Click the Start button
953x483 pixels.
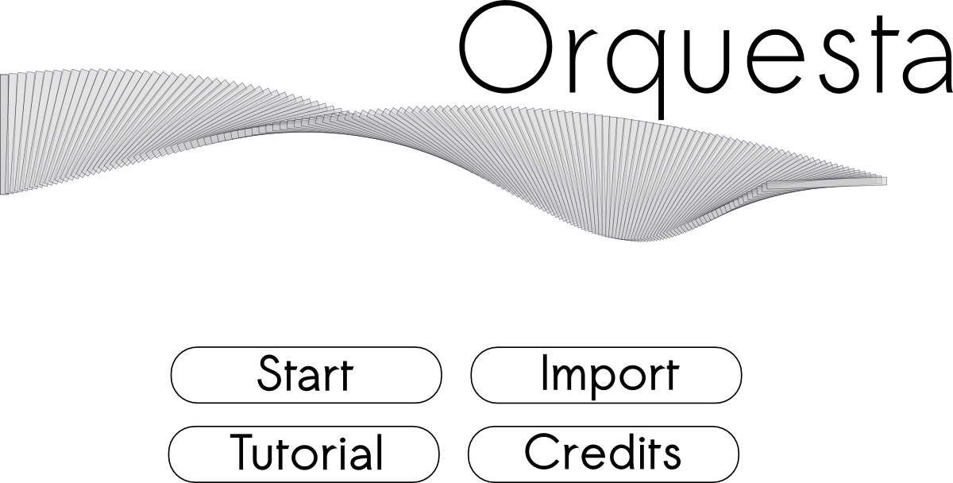pos(307,375)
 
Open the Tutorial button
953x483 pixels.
pos(303,454)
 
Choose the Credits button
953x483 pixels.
pos(604,454)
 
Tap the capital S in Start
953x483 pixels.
pos(272,373)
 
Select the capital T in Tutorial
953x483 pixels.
pos(243,452)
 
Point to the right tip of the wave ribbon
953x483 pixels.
pos(886,181)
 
